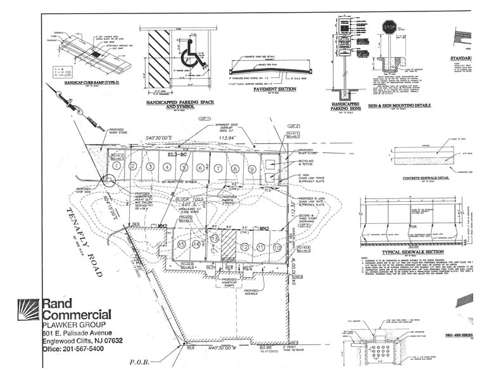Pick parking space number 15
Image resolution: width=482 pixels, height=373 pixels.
pos(181,244)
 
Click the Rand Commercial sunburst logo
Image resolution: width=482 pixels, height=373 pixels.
pos(29,313)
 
